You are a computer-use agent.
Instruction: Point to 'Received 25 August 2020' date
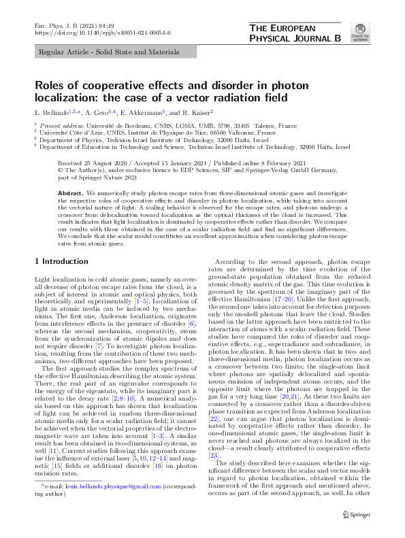95,164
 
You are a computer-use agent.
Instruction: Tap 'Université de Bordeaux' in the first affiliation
112,126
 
